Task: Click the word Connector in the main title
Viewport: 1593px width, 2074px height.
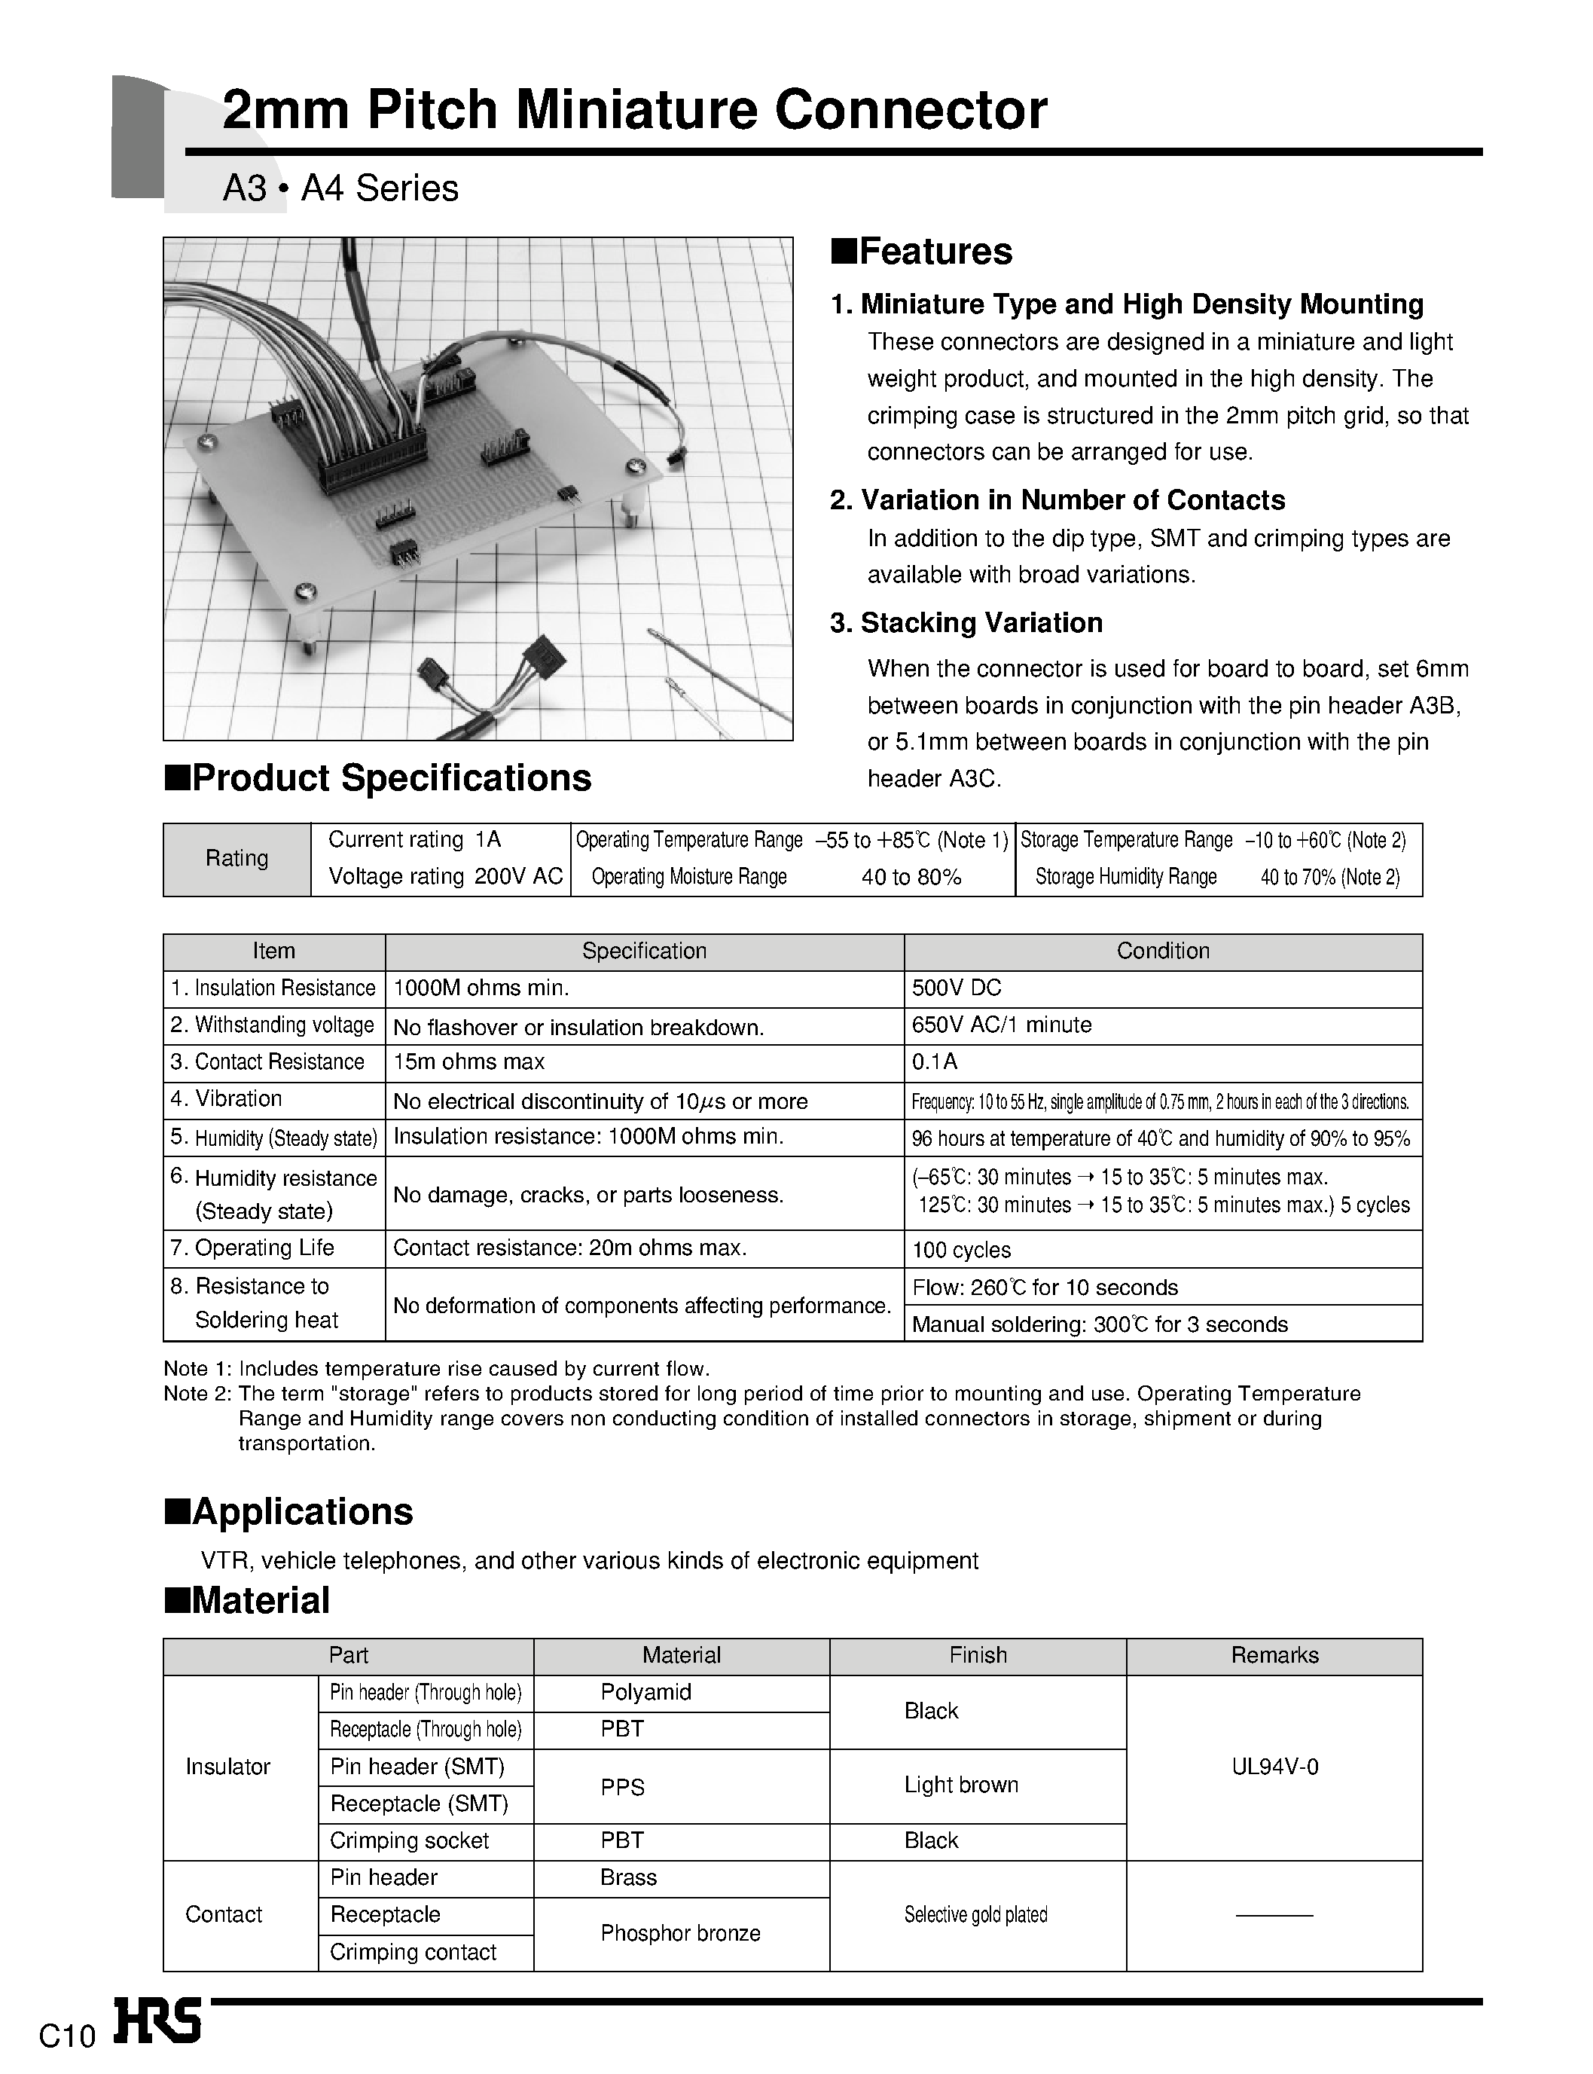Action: click(911, 110)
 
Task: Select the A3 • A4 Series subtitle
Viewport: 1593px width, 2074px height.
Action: click(340, 189)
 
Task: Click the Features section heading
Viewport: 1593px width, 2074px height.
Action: click(922, 252)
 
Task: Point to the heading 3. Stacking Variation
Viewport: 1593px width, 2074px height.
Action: click(966, 623)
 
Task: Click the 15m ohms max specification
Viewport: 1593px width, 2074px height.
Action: click(468, 1062)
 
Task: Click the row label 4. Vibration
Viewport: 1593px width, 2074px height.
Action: click(227, 1099)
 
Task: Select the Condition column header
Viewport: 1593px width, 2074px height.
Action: click(1162, 951)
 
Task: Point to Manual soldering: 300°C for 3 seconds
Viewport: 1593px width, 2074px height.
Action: click(1099, 1325)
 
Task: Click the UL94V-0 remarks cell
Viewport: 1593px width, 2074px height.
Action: click(1274, 1767)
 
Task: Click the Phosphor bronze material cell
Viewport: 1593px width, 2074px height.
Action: click(680, 1934)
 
